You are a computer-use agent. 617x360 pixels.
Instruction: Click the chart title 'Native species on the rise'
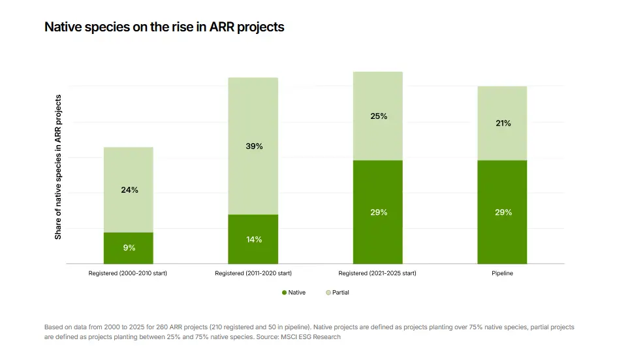coord(164,27)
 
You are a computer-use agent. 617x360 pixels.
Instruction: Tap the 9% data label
coord(129,248)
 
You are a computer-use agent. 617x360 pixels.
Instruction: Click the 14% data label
coord(253,240)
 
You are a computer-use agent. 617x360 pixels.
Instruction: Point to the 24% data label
coord(129,190)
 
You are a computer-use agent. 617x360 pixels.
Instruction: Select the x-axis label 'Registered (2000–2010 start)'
coord(128,273)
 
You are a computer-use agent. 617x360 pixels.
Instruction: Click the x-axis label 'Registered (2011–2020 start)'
coord(253,273)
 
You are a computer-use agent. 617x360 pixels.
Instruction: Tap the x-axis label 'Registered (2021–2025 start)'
coord(378,273)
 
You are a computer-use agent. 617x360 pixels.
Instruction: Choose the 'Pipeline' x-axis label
coord(502,273)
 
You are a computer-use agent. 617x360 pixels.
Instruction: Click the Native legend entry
coord(294,293)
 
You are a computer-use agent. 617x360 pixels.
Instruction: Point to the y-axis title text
coord(58,167)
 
